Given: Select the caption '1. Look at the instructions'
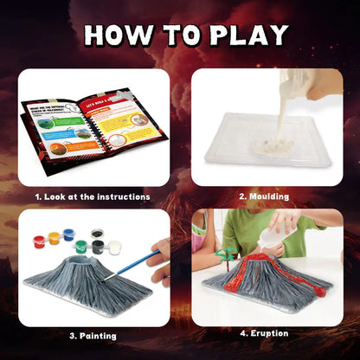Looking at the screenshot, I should (x=93, y=196).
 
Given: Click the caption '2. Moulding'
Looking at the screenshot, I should (x=266, y=196).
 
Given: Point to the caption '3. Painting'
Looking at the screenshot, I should (x=93, y=335).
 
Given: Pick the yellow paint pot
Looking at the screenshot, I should (x=55, y=236).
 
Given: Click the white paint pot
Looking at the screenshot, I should (x=114, y=247).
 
